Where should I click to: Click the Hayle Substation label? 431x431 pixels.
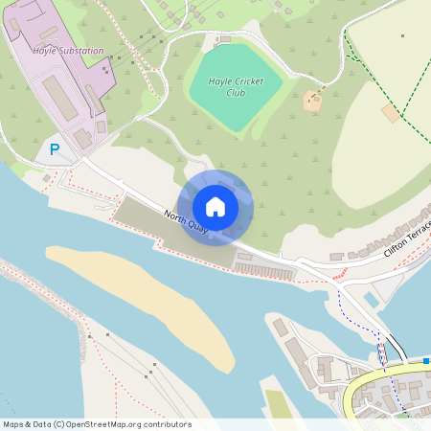click(67, 50)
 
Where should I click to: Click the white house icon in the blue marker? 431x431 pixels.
click(215, 207)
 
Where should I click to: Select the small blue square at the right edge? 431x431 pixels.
click(426, 361)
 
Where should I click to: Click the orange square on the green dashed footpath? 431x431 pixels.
click(390, 113)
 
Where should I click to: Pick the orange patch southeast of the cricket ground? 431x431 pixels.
click(313, 100)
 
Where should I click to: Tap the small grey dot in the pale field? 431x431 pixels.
click(403, 36)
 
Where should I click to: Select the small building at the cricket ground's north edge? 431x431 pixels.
click(224, 39)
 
